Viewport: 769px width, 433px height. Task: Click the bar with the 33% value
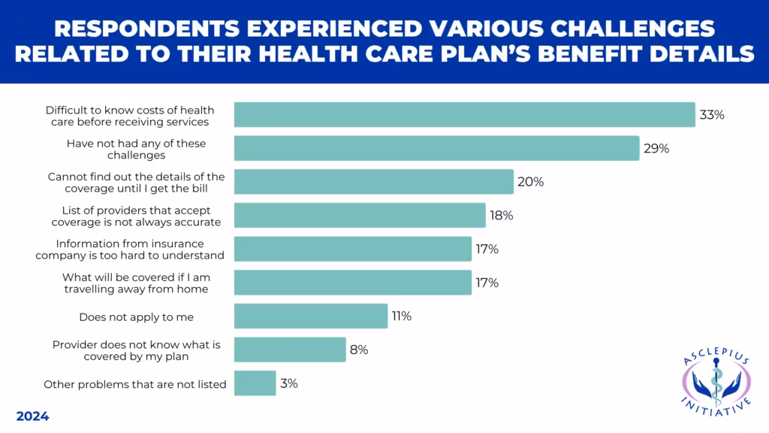point(464,115)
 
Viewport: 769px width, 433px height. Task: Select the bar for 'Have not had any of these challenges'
point(436,148)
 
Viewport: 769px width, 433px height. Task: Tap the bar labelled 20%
point(373,182)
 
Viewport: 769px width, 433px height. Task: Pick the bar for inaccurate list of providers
point(360,215)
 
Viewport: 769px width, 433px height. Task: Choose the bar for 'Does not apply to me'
point(311,316)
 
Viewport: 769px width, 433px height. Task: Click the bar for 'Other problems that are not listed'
point(255,383)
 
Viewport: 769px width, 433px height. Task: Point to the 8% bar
point(290,350)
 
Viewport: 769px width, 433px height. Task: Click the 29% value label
point(656,148)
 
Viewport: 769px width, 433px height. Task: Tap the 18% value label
point(501,216)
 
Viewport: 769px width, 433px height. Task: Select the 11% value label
point(401,316)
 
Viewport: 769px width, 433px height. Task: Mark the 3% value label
point(289,383)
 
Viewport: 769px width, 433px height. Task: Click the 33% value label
point(711,115)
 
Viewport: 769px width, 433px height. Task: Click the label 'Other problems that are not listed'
point(135,384)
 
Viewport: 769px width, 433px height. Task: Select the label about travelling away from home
point(135,283)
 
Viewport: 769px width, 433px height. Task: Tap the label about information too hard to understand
point(130,249)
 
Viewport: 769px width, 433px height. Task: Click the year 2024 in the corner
point(32,416)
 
